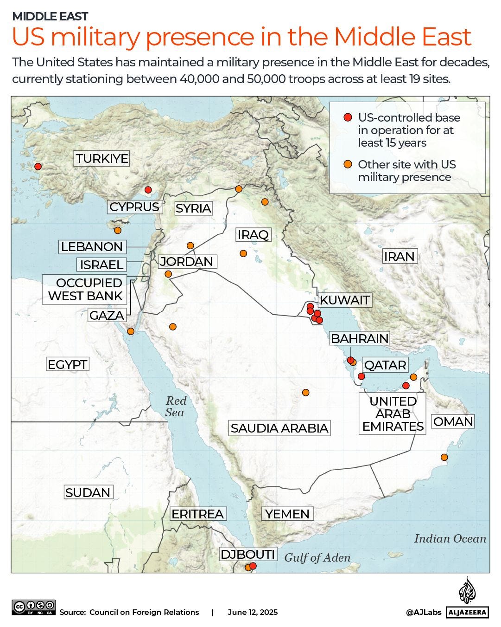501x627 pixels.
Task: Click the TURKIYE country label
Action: click(102, 158)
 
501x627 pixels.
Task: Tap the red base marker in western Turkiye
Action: click(38, 166)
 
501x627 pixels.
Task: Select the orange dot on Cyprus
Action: click(118, 230)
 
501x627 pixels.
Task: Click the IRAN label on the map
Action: click(399, 256)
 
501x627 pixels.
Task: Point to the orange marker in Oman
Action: click(444, 457)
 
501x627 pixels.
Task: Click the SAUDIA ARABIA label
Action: click(279, 428)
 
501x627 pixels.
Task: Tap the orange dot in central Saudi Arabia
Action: click(305, 392)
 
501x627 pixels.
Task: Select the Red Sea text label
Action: click(176, 407)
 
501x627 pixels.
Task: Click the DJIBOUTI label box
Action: click(248, 554)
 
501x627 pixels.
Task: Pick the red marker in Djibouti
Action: click(253, 565)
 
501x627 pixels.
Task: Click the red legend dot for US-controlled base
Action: click(348, 118)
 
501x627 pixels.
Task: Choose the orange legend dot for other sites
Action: click(348, 164)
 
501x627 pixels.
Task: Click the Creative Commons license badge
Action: click(34, 607)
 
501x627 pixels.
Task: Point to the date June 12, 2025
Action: click(253, 612)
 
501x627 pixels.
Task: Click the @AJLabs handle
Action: click(424, 613)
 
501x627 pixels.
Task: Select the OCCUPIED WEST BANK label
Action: click(85, 289)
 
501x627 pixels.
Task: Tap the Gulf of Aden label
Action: click(317, 557)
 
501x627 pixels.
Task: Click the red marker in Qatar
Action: click(361, 376)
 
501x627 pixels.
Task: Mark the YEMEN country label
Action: click(287, 514)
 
